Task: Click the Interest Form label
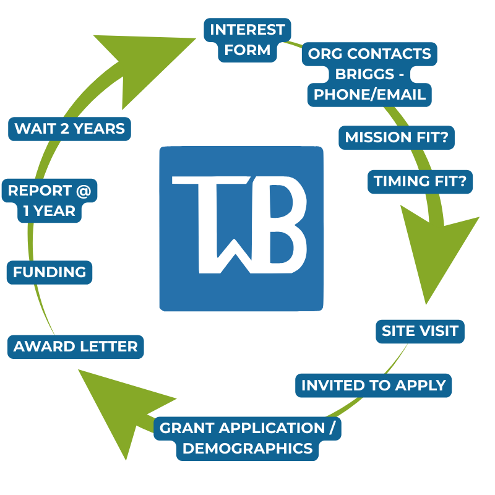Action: point(247,40)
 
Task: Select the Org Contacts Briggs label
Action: point(369,74)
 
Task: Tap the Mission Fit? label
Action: point(396,137)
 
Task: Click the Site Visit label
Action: point(420,331)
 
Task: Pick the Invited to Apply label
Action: point(373,385)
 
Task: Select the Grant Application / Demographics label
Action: point(247,438)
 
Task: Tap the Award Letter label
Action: point(75,346)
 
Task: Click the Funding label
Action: point(49,272)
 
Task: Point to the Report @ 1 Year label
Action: point(49,200)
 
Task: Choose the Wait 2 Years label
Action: point(69,129)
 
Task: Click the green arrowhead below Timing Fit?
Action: point(433,247)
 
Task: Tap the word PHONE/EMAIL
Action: point(369,95)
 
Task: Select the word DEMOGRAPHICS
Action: point(247,449)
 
